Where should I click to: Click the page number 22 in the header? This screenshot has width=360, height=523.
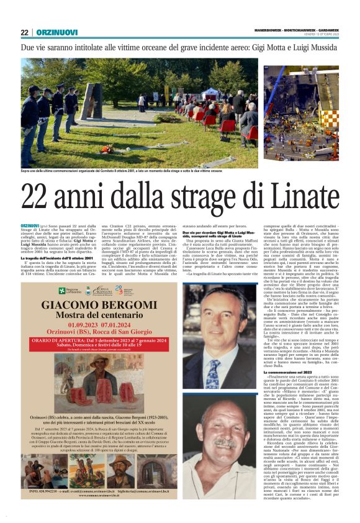(24, 32)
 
